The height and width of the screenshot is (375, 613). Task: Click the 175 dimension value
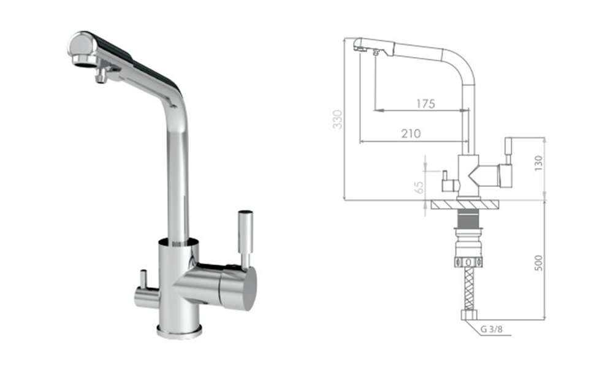pos(425,104)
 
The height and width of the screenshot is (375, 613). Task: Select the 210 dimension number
pos(411,134)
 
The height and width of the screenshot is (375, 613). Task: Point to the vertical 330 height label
pos(337,119)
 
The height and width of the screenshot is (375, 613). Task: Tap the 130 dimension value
pos(538,163)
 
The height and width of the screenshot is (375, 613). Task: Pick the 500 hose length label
pos(538,263)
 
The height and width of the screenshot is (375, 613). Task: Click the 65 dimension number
pos(419,187)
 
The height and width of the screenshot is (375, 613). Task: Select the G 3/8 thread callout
pos(492,329)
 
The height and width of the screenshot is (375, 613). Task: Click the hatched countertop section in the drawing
pos(465,204)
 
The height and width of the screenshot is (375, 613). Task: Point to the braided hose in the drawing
pos(469,289)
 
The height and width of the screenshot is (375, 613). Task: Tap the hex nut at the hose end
pos(469,315)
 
